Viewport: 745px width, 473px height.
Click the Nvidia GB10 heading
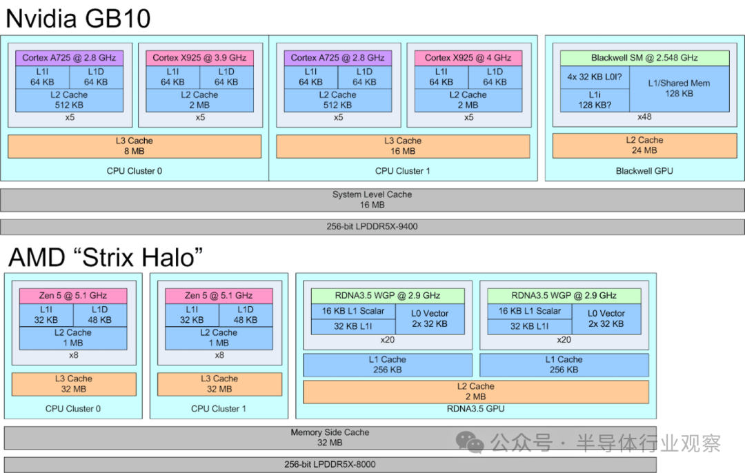pos(77,18)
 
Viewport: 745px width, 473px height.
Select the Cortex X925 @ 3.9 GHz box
pos(200,58)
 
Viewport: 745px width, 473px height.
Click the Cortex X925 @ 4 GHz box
pos(468,58)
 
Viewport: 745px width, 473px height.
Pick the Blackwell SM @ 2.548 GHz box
pos(644,58)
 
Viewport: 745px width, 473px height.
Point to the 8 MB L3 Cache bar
pos(135,145)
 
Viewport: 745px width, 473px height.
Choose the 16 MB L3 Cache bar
pos(403,145)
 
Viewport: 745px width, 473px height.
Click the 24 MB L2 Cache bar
pos(644,145)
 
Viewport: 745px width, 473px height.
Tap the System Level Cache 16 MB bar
pos(372,199)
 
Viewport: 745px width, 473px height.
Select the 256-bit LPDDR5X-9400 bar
pos(372,226)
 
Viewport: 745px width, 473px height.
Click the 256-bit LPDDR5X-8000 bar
pos(330,464)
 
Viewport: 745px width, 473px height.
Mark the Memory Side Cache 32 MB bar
pos(330,437)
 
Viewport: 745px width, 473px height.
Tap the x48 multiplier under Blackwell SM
pos(644,117)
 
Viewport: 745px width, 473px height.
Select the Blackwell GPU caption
pos(644,170)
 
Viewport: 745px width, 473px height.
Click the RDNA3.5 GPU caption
pos(476,409)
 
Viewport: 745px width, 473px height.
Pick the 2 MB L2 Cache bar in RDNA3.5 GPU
pos(476,392)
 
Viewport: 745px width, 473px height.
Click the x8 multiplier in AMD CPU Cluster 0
pos(74,355)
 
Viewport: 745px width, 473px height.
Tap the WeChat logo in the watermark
pos(472,443)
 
